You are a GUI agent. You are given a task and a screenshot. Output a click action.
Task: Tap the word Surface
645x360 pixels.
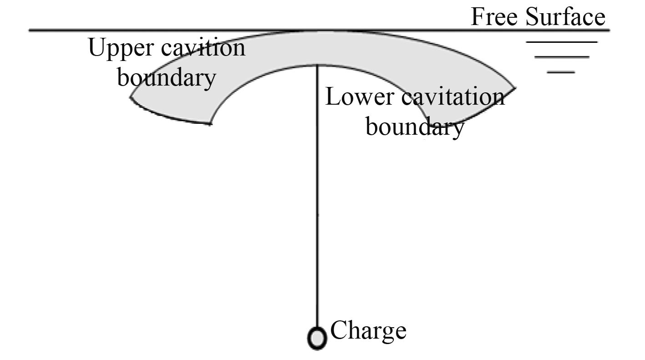click(565, 17)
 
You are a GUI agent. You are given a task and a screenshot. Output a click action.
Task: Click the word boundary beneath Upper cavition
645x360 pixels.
click(167, 77)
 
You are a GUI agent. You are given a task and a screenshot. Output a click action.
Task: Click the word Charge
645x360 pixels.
click(368, 331)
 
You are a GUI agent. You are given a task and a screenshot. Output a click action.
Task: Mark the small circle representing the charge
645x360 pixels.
click(317, 339)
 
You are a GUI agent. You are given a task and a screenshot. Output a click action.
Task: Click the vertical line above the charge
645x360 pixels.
click(317, 205)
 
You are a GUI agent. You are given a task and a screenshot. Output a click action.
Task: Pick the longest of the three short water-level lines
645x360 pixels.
click(561, 42)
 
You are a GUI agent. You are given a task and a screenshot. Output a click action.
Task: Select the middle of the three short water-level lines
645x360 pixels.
click(562, 57)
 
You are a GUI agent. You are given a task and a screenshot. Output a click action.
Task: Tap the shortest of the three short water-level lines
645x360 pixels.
click(561, 72)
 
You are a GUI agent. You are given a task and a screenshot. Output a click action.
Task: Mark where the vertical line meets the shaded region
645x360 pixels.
click(317, 65)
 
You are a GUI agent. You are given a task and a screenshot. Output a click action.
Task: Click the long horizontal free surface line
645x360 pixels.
click(182, 30)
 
